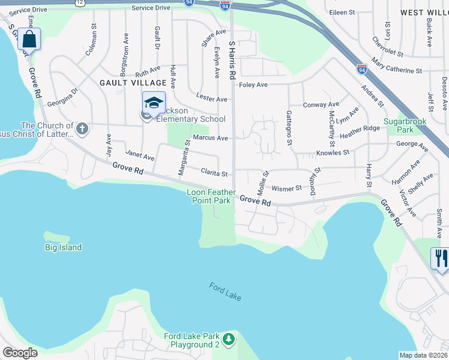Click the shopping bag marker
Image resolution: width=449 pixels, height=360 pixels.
(x=29, y=40)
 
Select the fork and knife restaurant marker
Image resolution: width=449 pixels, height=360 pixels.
(x=441, y=259)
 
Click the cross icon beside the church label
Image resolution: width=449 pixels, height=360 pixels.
(x=82, y=128)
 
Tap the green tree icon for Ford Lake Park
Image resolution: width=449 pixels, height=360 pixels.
(x=228, y=340)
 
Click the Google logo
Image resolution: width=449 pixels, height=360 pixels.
(x=20, y=353)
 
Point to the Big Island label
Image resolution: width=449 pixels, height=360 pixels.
(x=63, y=247)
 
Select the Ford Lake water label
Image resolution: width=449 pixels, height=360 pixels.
(x=225, y=291)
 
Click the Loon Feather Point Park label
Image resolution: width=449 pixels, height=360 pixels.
(x=209, y=196)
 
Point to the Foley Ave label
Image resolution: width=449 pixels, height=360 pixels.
(x=253, y=85)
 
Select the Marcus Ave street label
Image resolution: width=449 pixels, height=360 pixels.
(x=210, y=138)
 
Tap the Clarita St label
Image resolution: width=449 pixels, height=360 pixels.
(x=214, y=174)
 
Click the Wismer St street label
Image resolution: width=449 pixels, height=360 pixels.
(x=286, y=188)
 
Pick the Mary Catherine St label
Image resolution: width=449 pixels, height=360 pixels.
(x=396, y=66)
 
